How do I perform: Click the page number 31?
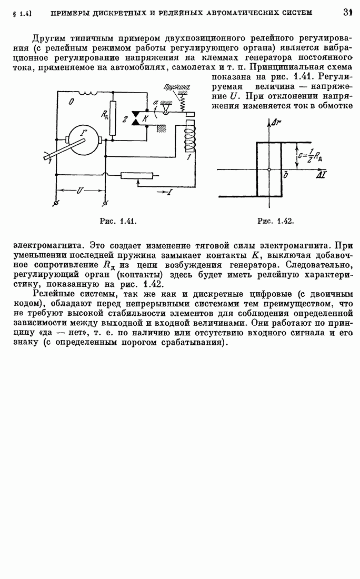pyautogui.click(x=347, y=11)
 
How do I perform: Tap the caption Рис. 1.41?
pyautogui.click(x=118, y=222)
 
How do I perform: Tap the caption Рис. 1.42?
pyautogui.click(x=275, y=222)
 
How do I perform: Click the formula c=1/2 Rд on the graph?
pyautogui.click(x=311, y=156)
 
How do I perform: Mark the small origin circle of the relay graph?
pyautogui.click(x=269, y=169)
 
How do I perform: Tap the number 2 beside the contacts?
pyautogui.click(x=125, y=119)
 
